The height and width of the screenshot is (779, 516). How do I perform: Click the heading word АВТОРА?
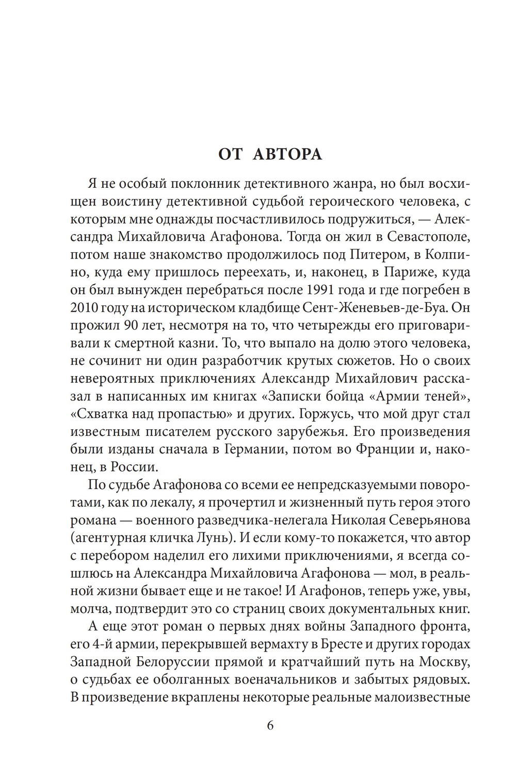pyautogui.click(x=287, y=154)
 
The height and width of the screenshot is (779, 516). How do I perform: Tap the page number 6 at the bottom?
pyautogui.click(x=270, y=725)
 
